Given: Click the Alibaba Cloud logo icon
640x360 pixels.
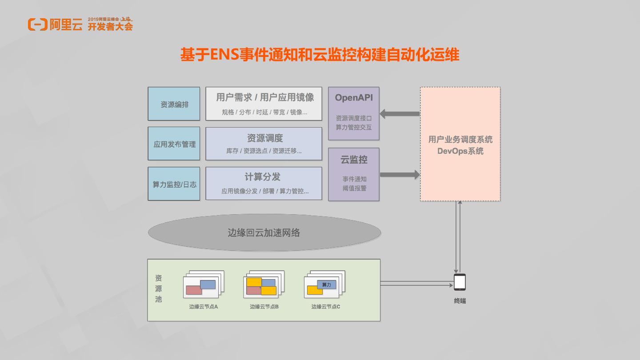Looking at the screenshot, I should tap(37, 24).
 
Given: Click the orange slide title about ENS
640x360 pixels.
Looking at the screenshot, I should tap(320, 55).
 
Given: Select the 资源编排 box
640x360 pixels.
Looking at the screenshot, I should tap(174, 104).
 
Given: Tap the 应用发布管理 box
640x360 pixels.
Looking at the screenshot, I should tap(174, 144).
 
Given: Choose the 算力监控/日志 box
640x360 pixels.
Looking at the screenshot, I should tap(174, 184).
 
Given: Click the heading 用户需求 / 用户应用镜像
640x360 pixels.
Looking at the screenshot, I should tap(265, 97).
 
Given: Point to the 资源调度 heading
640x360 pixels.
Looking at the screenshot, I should tap(265, 138).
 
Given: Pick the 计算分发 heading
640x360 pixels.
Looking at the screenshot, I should tap(263, 177).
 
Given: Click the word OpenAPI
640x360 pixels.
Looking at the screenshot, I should tap(354, 98).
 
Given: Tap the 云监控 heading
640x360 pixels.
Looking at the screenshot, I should tap(354, 160).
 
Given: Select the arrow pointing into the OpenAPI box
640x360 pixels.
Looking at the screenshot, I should tap(400, 114).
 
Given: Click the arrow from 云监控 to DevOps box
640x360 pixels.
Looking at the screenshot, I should tap(400, 175).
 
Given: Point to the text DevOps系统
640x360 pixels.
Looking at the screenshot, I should tap(460, 151).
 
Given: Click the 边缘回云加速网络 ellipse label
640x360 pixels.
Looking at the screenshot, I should tap(264, 232).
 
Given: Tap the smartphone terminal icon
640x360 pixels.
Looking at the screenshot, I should tap(460, 282).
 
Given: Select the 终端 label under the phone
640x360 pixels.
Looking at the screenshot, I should tap(460, 301).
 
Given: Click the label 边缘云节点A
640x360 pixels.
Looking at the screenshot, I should tap(204, 307).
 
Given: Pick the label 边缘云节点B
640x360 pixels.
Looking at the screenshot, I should tap(264, 307).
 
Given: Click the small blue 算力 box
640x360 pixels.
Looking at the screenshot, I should tap(327, 284).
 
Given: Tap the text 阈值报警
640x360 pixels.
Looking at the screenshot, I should tap(354, 188).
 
